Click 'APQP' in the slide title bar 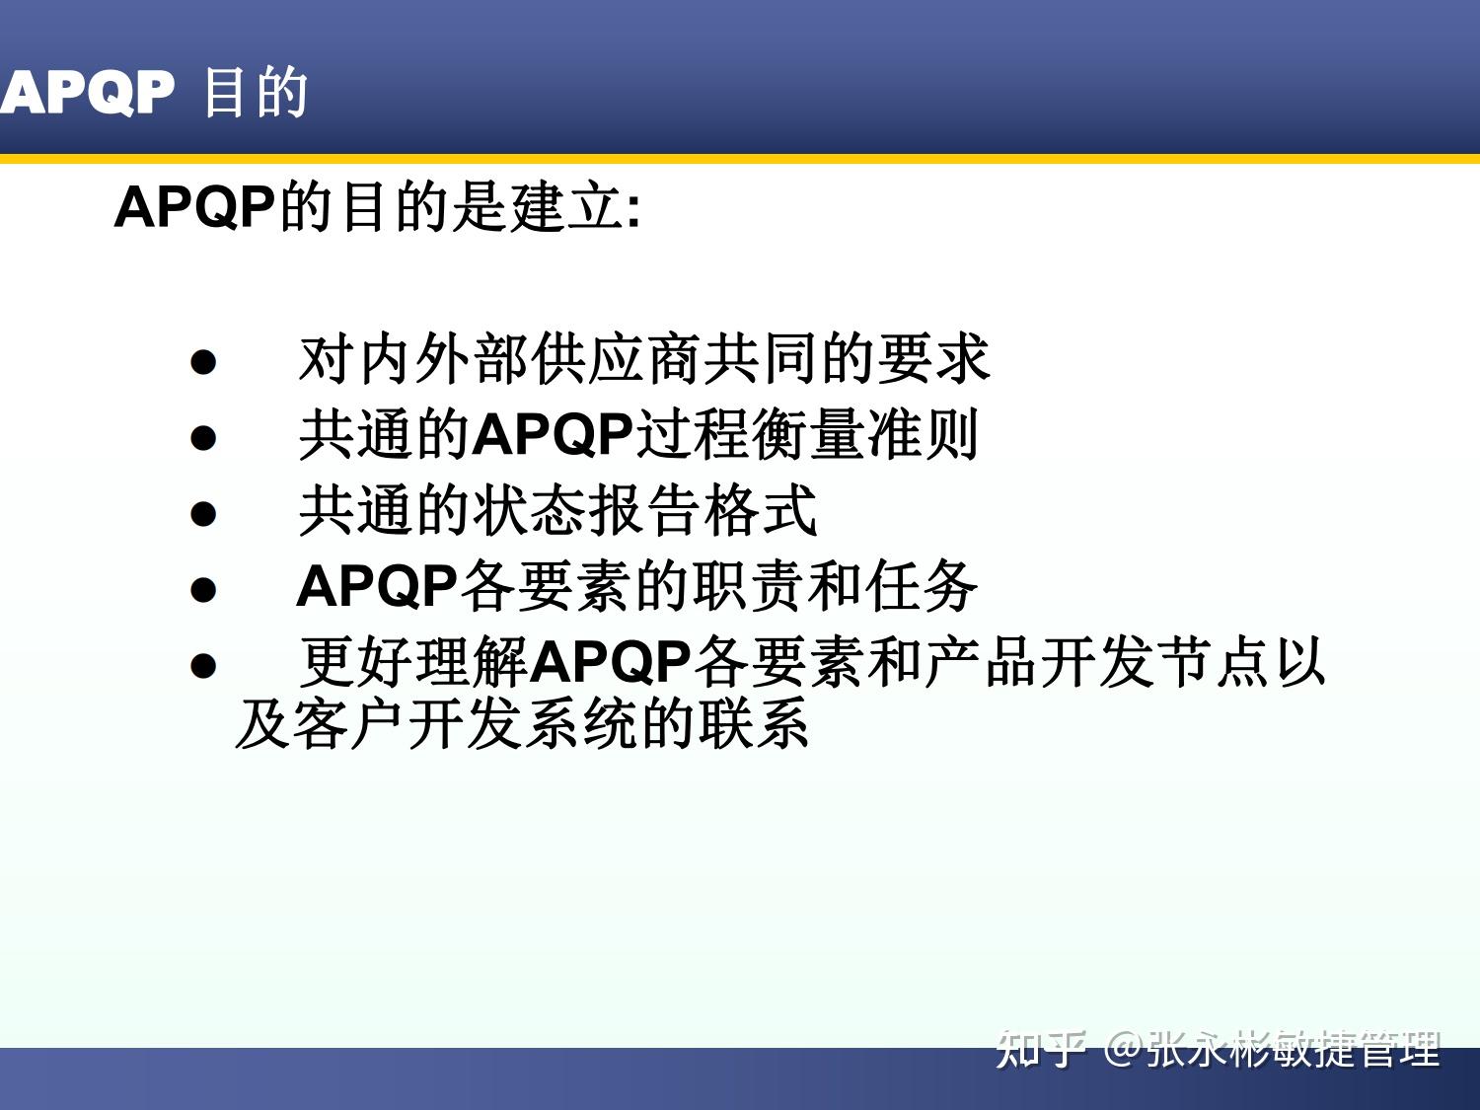87,94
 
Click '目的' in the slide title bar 256,94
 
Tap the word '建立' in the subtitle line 566,208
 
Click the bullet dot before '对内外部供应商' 203,361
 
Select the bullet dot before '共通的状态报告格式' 203,513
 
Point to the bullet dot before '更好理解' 203,665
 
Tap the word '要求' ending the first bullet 932,359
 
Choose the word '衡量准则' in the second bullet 864,435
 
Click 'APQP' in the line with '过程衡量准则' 553,435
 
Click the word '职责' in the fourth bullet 750,586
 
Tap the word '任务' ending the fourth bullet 922,586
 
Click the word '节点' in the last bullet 1212,662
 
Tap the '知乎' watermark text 1042,1049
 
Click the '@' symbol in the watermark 1124,1049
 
